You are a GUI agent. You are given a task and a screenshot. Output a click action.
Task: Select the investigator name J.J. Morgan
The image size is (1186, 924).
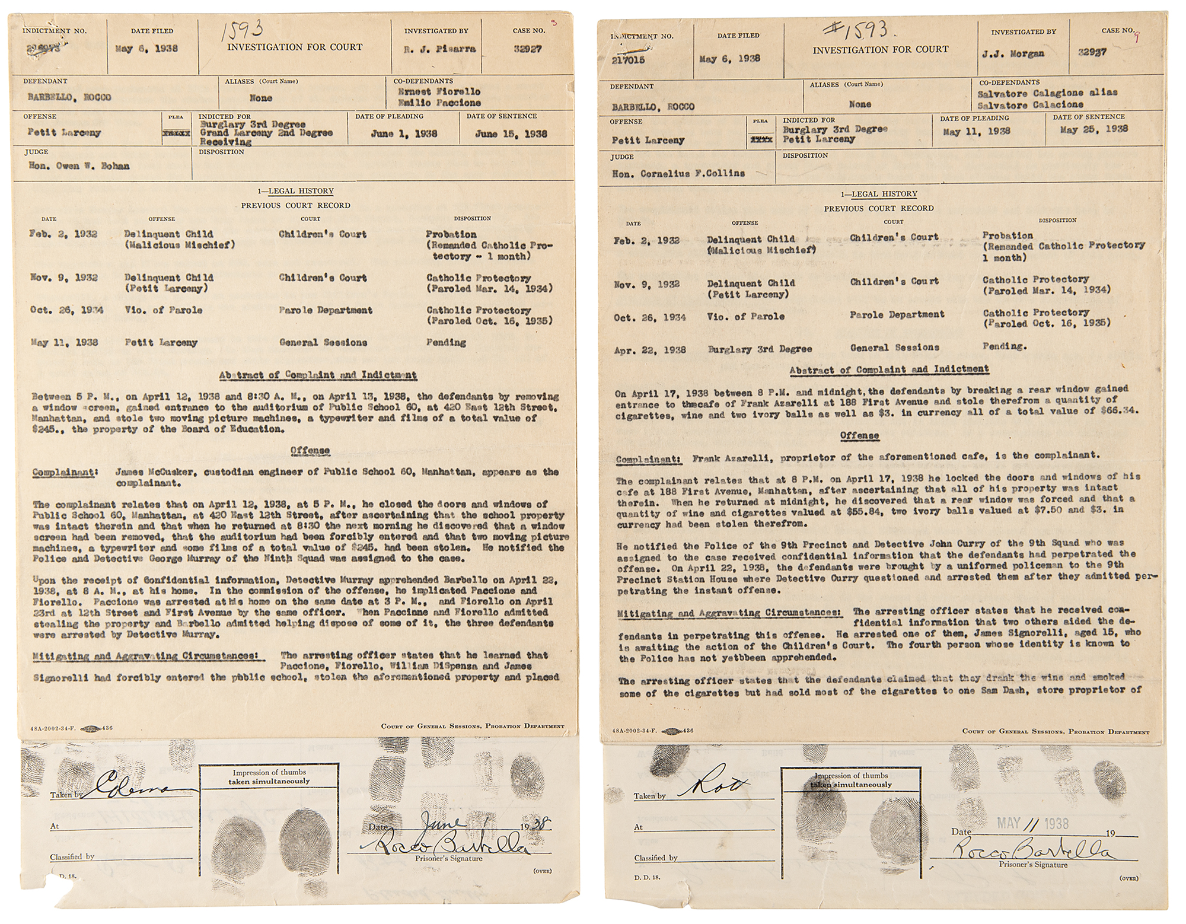[x=1018, y=54]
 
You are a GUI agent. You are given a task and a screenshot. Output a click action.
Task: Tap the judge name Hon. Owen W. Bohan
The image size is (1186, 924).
[x=79, y=166]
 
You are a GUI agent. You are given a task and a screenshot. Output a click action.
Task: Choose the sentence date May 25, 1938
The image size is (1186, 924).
[x=1091, y=129]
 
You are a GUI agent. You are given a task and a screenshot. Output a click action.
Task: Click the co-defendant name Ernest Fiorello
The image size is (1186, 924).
[x=439, y=92]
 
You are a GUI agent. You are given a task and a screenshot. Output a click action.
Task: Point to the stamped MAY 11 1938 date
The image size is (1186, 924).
[x=1032, y=823]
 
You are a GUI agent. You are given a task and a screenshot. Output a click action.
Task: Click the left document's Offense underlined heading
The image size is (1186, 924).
[x=310, y=450]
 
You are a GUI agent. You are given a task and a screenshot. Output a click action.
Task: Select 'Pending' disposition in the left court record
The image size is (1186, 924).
[x=446, y=342]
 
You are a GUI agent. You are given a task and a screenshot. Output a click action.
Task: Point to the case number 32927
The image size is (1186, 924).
[x=528, y=49]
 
